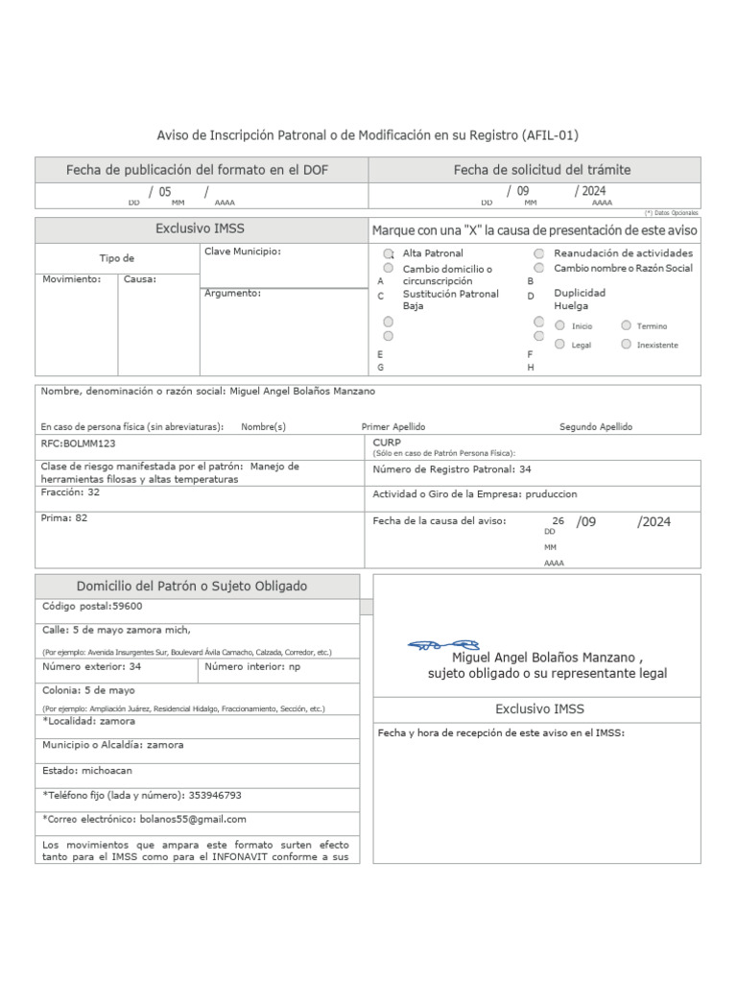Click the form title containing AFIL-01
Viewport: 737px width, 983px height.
coord(368,135)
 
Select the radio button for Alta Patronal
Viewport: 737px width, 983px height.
coord(388,253)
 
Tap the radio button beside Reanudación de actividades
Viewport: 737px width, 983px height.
coord(539,253)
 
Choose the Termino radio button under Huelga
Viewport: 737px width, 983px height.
coord(626,325)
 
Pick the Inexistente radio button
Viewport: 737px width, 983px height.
coord(626,344)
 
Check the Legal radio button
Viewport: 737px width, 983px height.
coord(560,344)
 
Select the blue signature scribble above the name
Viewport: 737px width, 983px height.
coord(443,645)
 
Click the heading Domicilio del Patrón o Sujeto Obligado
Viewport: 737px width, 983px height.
coord(192,587)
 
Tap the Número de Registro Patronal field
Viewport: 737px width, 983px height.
coord(451,469)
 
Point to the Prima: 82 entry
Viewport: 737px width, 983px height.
coord(64,517)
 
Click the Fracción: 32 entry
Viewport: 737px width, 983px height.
coord(70,491)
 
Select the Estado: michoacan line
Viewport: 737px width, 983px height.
coord(87,770)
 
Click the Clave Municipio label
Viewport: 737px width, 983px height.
coord(242,252)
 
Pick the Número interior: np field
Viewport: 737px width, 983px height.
coord(251,665)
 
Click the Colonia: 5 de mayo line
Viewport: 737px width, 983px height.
coord(88,690)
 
